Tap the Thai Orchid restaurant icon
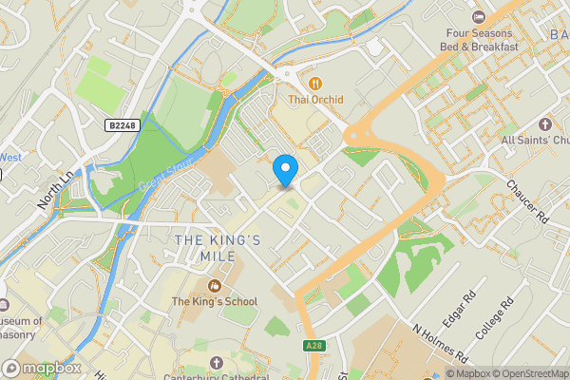315,82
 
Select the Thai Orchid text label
315,100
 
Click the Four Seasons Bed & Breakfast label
483,39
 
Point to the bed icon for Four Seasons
479,16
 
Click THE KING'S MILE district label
218,250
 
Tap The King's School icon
215,285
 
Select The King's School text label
214,302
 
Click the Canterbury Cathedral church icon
216,363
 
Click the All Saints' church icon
544,124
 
